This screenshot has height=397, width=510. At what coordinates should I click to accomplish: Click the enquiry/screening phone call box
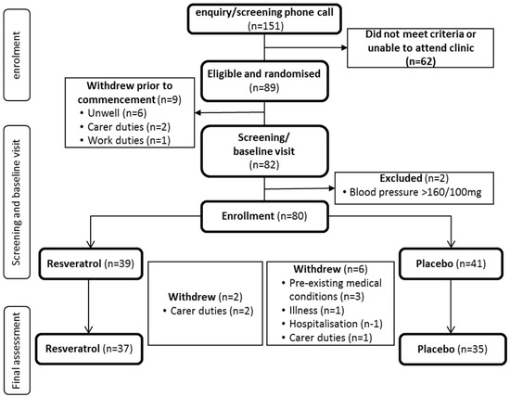coord(264,19)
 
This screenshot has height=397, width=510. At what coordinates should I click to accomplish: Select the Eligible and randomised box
coord(264,81)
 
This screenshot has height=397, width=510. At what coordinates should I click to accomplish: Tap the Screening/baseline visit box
coord(264,151)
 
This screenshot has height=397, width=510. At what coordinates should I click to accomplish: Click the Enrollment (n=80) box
coord(264,216)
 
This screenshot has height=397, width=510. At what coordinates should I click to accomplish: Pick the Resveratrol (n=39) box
coord(91,263)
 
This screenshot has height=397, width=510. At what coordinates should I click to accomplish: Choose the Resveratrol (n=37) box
coord(89,349)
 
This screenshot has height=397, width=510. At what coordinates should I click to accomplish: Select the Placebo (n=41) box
coord(451,263)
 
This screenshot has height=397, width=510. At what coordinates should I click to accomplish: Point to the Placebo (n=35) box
coord(453,349)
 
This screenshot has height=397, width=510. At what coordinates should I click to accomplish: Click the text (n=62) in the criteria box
coord(421,61)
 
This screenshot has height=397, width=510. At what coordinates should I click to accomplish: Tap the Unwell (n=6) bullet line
coord(113,113)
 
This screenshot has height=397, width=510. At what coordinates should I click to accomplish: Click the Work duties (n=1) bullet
coord(125,140)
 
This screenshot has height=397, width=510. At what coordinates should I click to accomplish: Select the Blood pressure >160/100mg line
coord(412,192)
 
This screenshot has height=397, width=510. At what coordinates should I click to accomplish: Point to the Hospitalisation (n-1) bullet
coord(332,324)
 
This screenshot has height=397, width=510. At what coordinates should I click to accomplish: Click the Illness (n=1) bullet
coord(312,310)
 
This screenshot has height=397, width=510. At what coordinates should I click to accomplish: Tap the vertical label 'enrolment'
coord(17,55)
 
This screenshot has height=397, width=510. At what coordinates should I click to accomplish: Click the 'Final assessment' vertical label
coord(17,351)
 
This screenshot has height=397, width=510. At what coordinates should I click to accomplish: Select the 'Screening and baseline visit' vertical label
coord(17,202)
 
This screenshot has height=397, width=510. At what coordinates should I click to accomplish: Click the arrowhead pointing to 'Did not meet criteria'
coord(344,48)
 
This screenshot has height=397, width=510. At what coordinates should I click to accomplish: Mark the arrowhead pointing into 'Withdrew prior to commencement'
coord(198,113)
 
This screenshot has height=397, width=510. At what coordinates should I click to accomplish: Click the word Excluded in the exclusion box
coord(401,178)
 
